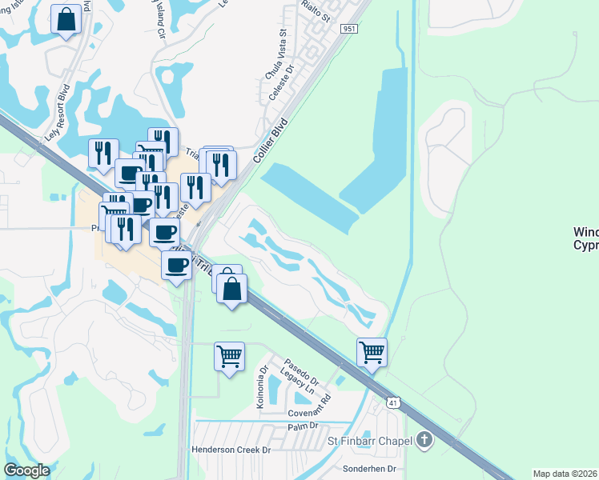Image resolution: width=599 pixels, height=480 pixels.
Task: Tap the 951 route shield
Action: tap(349, 28)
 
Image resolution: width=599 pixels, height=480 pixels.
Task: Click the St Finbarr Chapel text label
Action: tap(369, 441)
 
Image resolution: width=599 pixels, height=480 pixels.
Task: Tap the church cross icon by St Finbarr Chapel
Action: tap(424, 441)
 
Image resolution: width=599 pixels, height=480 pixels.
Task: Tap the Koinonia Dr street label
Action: tap(261, 388)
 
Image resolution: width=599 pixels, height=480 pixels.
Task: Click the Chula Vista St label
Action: tap(275, 57)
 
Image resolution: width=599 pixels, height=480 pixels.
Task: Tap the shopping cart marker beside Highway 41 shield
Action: tap(372, 351)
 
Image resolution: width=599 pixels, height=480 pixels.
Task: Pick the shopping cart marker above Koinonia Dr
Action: tap(229, 355)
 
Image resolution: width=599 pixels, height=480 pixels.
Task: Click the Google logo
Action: tap(26, 470)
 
